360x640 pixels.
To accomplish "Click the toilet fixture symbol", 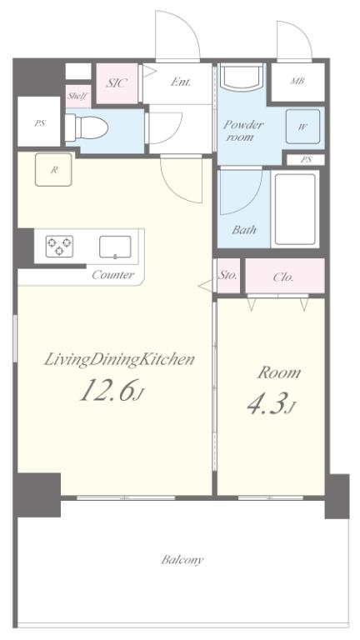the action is tap(87, 127).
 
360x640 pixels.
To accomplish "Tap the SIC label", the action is tap(117, 82).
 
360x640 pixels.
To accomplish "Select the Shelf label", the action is tap(77, 96).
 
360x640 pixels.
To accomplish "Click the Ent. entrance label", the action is tap(180, 82).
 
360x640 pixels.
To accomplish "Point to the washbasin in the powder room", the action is tap(241, 77).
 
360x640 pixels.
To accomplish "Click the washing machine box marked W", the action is tap(302, 127).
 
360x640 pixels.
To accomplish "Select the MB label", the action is tap(297, 81).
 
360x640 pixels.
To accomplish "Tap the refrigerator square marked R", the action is tap(53, 169).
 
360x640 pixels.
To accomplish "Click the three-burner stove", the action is tap(60, 246).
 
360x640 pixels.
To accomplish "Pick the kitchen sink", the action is tap(115, 247).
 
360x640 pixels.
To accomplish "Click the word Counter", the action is tap(113, 274).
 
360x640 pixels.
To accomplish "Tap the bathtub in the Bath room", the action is tap(295, 209).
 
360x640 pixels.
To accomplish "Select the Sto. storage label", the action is tap(227, 275).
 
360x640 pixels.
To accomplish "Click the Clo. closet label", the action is tap(283, 277).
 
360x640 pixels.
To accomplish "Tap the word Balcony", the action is tap(182, 560).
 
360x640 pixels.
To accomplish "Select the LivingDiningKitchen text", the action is tap(119, 360).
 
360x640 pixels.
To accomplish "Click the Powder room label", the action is tap(243, 130).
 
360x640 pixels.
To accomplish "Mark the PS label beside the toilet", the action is tap(40, 122).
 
